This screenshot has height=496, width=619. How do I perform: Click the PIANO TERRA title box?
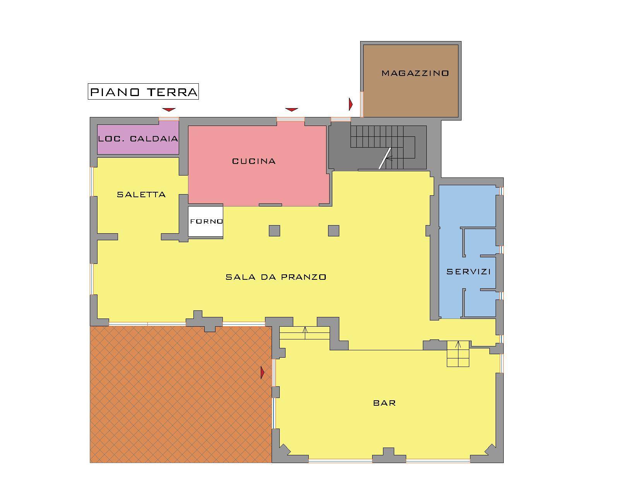(143, 92)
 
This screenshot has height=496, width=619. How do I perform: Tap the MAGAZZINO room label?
(415, 73)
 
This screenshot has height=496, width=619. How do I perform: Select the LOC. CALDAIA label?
(138, 139)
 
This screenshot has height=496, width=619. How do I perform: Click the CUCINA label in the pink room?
(254, 161)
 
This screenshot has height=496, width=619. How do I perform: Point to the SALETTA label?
(141, 195)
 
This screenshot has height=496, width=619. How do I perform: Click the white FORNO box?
(206, 221)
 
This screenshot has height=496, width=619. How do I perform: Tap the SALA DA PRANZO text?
(276, 277)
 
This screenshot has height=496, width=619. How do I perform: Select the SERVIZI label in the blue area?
(468, 272)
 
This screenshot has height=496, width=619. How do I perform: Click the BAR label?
(384, 403)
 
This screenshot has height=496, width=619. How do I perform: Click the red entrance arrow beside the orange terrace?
(262, 373)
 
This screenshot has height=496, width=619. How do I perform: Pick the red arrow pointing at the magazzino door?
(351, 104)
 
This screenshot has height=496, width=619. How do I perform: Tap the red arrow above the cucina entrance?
(292, 110)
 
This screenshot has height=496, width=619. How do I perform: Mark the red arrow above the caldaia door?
(169, 110)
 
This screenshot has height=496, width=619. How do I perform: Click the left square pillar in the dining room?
(274, 231)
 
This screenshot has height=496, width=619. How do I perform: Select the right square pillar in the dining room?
(333, 231)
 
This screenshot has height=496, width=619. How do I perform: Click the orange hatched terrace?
(181, 394)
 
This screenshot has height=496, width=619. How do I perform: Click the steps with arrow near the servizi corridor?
(458, 354)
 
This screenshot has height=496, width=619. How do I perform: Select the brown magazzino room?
(411, 81)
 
